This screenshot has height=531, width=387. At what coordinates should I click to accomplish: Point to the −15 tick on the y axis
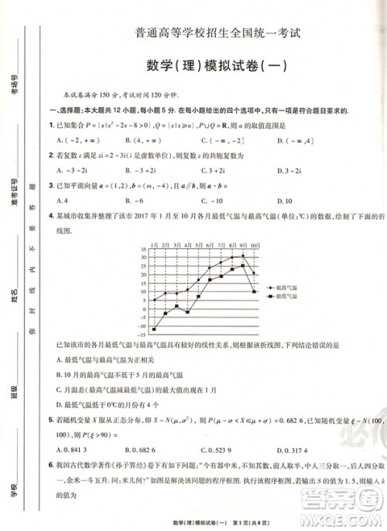pyautogui.click(x=141, y=336)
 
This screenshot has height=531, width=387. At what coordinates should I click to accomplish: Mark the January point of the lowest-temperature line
pyautogui.click(x=155, y=328)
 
